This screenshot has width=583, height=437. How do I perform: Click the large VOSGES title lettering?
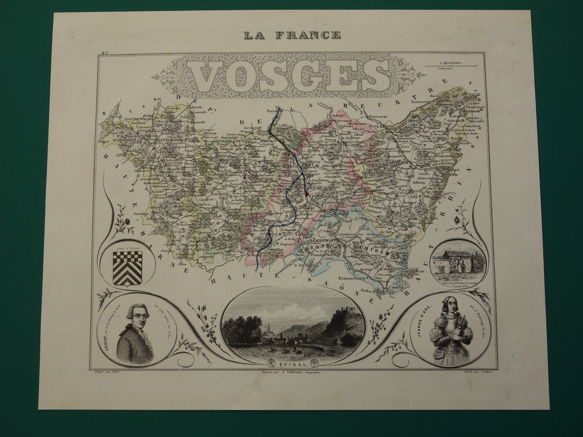click(x=292, y=76)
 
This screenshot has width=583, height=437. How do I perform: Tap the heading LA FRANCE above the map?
click(x=292, y=35)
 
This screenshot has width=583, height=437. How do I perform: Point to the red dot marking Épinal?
click(x=306, y=193)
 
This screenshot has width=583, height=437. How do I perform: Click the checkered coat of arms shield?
click(x=128, y=267)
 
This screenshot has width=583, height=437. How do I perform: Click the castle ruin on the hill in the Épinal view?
click(x=342, y=313)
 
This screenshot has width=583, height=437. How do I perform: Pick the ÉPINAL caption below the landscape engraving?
click(x=293, y=363)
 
